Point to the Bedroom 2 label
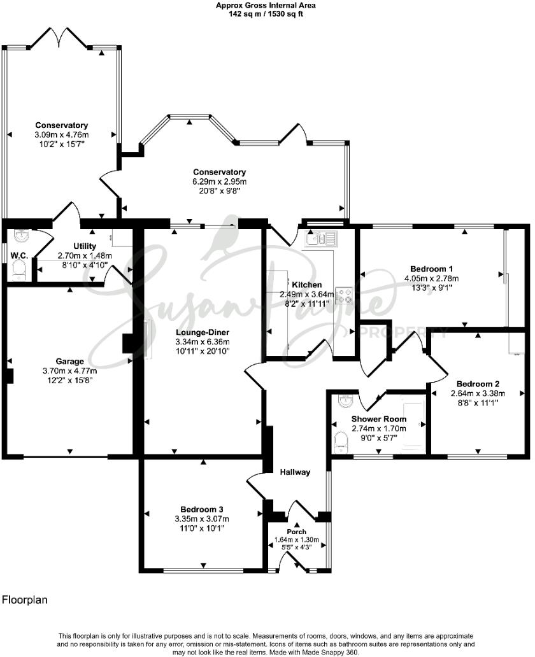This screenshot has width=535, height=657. [x=478, y=384]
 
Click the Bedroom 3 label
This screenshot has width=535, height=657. [x=201, y=509]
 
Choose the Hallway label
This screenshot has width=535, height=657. [x=294, y=472]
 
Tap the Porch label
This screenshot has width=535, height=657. [x=296, y=532]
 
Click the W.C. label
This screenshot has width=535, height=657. [x=18, y=257]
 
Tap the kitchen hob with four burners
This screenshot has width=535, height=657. [x=345, y=296]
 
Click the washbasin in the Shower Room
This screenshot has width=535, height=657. [x=344, y=402]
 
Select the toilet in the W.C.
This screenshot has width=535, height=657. [x=18, y=272]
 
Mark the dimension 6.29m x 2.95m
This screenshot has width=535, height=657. [x=220, y=181]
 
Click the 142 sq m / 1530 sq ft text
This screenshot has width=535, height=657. [x=266, y=13]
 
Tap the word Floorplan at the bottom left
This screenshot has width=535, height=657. [x=24, y=600]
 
